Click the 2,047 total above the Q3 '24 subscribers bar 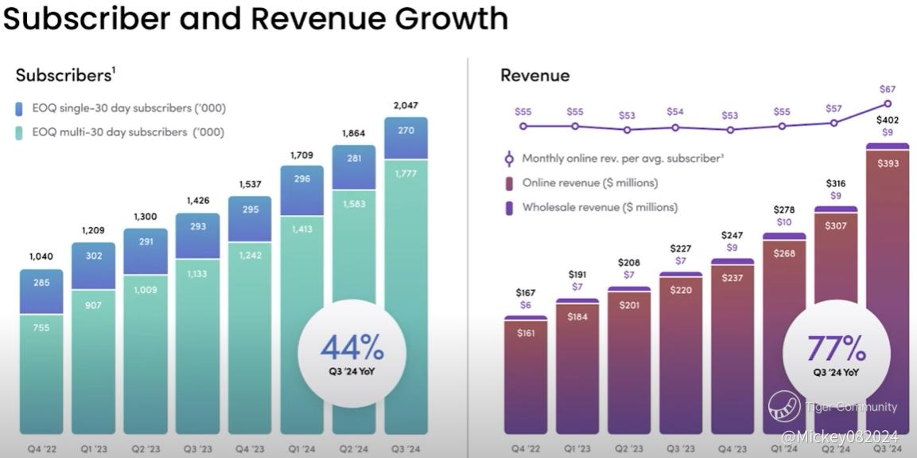coord(406,105)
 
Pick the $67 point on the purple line coord(888,104)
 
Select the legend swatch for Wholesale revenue coord(508,207)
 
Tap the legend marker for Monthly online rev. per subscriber coord(508,159)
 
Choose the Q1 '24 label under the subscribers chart coord(301,449)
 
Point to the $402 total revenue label coord(888,119)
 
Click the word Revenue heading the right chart coord(534,76)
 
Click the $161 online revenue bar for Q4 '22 coord(526,374)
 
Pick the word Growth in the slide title coord(435,19)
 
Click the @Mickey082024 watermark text coord(839,437)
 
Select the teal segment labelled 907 coord(93,358)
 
